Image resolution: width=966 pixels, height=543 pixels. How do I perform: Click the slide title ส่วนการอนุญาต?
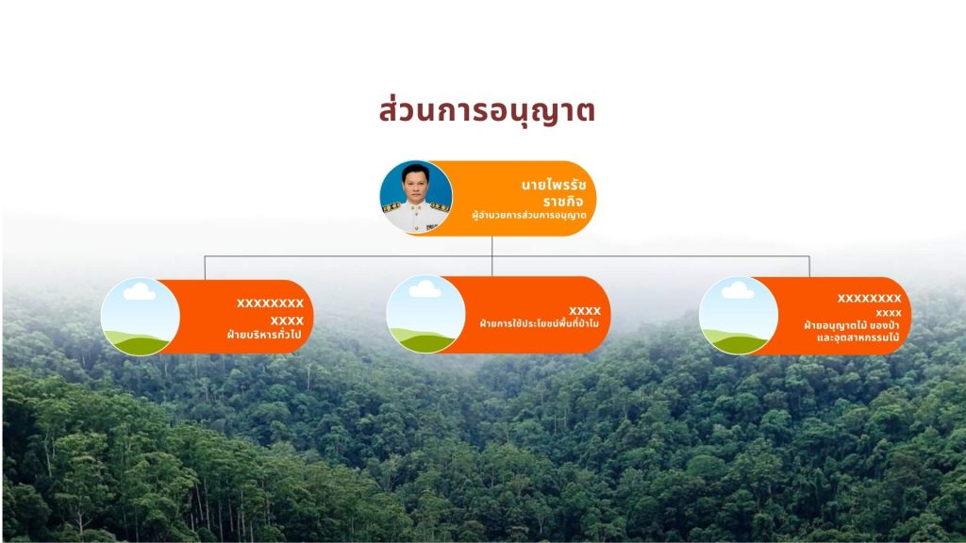[x=487, y=111]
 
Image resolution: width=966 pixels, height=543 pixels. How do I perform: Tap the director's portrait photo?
[x=416, y=198]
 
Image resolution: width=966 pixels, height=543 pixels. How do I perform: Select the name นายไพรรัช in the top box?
[x=553, y=185]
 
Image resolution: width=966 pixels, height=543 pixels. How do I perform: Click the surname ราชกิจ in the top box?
[x=563, y=202]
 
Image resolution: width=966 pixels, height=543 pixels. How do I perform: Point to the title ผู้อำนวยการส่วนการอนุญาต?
[x=528, y=216]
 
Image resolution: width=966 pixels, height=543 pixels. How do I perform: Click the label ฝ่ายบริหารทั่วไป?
[x=265, y=335]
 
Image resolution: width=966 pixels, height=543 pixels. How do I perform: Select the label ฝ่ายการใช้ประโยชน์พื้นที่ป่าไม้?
[x=539, y=323]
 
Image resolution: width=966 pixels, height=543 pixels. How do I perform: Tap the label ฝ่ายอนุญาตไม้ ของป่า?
[x=852, y=325]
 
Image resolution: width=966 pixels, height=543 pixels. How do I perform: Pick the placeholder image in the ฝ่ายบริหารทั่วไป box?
[x=141, y=317]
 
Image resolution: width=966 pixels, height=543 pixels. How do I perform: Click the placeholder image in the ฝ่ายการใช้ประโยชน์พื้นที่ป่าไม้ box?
[x=425, y=315]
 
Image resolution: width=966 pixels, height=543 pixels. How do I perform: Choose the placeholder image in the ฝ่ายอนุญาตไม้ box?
[x=738, y=315]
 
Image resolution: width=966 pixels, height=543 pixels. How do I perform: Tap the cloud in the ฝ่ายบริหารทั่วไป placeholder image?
[x=140, y=291]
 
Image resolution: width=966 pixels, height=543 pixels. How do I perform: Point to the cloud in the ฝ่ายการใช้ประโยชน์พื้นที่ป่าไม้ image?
[x=425, y=288]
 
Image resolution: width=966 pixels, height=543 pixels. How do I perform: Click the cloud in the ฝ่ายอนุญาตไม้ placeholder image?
[x=738, y=290]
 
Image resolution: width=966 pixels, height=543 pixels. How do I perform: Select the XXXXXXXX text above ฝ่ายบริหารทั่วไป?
[x=271, y=303]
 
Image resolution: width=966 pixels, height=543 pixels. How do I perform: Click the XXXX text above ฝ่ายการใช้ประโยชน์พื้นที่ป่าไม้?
[x=585, y=311]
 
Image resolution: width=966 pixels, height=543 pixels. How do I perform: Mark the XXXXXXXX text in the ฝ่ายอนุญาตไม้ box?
[x=869, y=299]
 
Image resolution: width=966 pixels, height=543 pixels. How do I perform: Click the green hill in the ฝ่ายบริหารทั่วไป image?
[x=139, y=343]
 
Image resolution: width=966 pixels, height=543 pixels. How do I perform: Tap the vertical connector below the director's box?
[x=491, y=255]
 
